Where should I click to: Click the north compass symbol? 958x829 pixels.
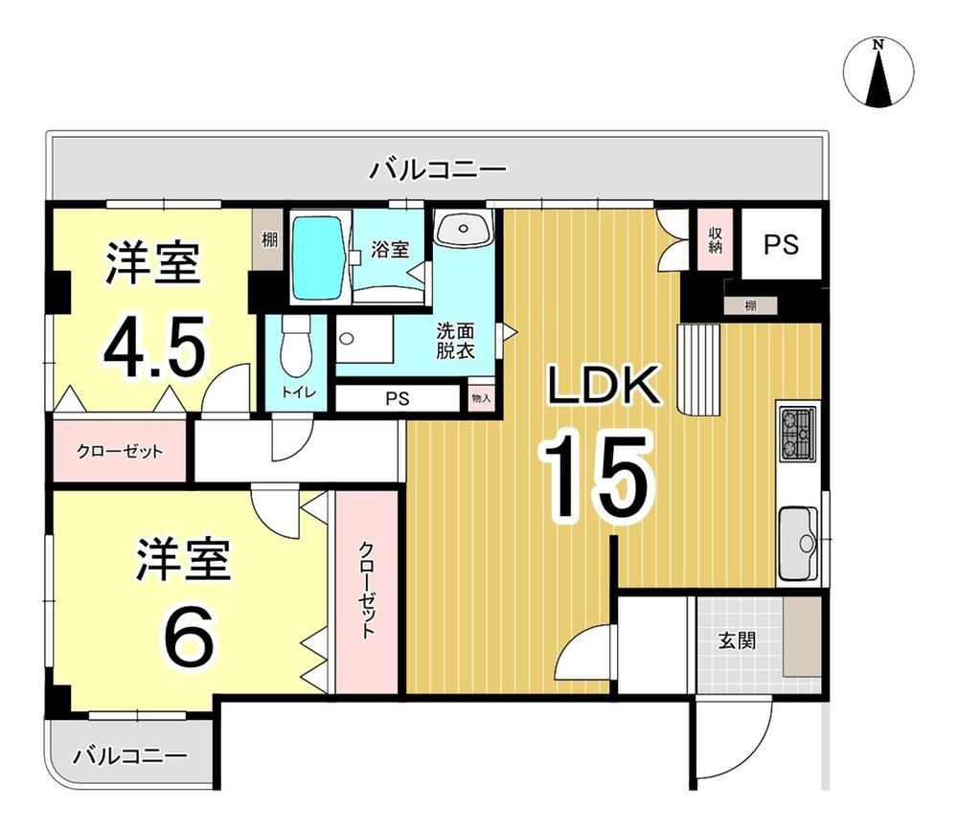tap(878, 73)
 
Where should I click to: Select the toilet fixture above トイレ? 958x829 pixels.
tap(296, 347)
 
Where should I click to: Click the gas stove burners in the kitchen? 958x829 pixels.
tap(797, 433)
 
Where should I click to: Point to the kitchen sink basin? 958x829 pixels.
tap(798, 544)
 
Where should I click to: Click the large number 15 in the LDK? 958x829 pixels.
tap(596, 476)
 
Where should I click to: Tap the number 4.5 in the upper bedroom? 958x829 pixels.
tap(154, 347)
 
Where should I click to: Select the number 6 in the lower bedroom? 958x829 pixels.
tap(190, 637)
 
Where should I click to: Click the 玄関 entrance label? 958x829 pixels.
tap(737, 640)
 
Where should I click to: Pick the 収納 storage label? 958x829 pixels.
tap(716, 241)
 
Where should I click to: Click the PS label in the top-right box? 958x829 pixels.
tap(782, 244)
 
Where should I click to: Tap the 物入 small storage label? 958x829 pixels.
tap(481, 398)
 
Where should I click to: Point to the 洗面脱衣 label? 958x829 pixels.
tap(455, 341)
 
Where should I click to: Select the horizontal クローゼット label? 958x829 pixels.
tap(120, 452)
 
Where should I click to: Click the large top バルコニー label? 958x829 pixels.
tap(438, 169)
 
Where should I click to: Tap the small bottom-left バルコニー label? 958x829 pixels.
tap(129, 757)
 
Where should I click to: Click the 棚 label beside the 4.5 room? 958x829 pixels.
tap(269, 240)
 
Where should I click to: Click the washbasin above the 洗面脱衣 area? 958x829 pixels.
tap(464, 227)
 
